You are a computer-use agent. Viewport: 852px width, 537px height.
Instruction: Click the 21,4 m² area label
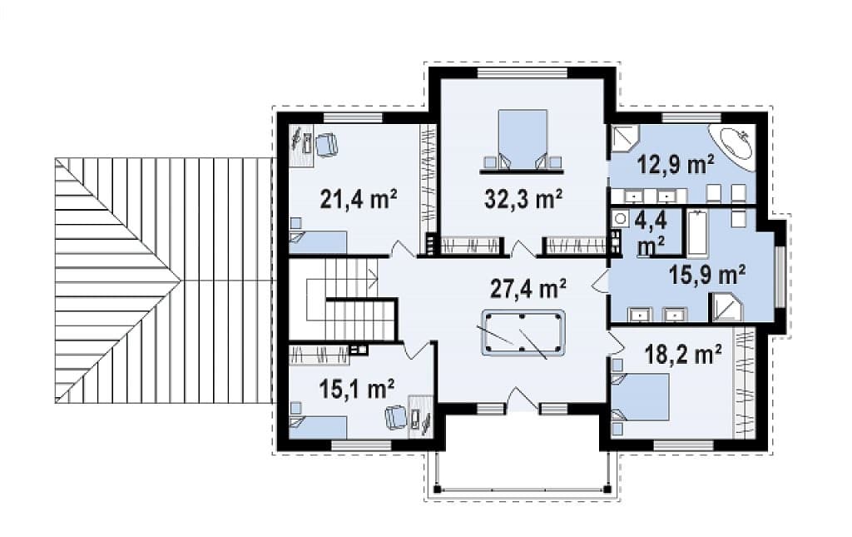pyautogui.click(x=359, y=199)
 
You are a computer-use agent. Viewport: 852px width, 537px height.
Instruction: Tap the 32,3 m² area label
pyautogui.click(x=523, y=199)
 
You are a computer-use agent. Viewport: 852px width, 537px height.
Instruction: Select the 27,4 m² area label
pyautogui.click(x=528, y=289)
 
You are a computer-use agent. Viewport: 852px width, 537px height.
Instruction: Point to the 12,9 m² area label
pyautogui.click(x=676, y=164)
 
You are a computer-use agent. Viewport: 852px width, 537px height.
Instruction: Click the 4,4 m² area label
pyautogui.click(x=651, y=232)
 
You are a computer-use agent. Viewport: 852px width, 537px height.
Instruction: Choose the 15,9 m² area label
pyautogui.click(x=706, y=275)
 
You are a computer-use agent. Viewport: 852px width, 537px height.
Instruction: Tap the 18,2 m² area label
pyautogui.click(x=683, y=355)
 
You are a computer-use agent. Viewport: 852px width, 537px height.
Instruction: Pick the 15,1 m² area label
pyautogui.click(x=356, y=389)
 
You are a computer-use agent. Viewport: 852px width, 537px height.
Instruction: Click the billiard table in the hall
pyautogui.click(x=523, y=333)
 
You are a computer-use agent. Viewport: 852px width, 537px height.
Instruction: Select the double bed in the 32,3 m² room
pyautogui.click(x=523, y=140)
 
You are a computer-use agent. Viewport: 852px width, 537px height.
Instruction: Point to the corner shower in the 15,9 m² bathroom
pyautogui.click(x=725, y=308)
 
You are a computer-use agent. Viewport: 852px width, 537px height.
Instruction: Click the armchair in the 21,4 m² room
pyautogui.click(x=326, y=145)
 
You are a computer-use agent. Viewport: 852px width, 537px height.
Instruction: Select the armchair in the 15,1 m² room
pyautogui.click(x=395, y=417)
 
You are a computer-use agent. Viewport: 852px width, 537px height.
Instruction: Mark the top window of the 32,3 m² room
pyautogui.click(x=522, y=72)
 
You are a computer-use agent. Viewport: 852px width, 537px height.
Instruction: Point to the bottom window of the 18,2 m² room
pyautogui.click(x=683, y=445)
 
